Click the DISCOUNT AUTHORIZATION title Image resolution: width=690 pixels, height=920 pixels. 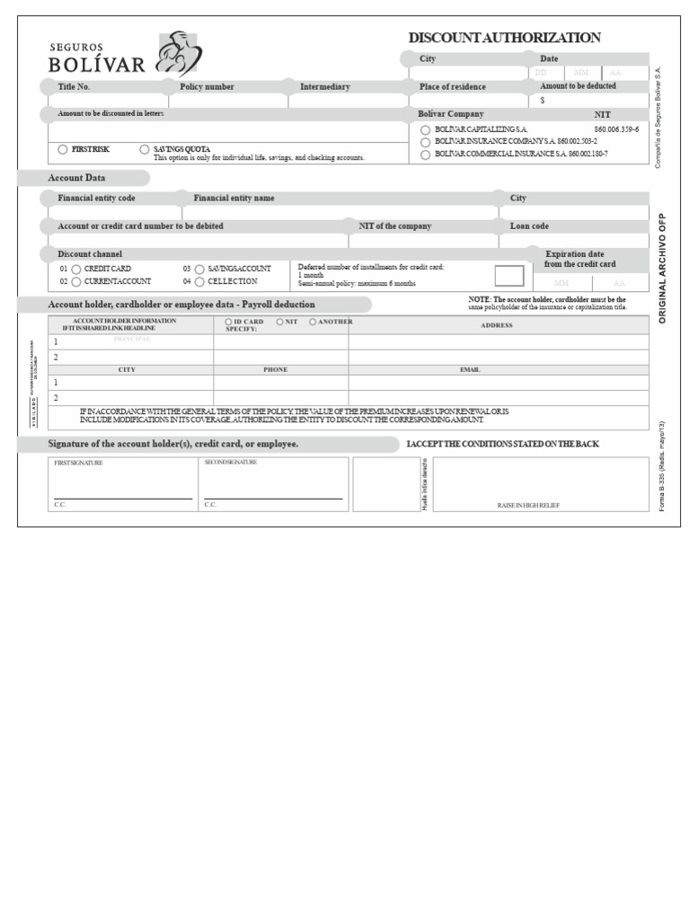click(504, 38)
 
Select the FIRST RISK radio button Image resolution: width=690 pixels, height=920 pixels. click(63, 149)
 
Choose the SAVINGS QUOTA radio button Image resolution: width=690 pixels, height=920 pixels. click(145, 149)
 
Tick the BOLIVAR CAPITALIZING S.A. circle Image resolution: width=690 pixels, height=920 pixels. click(425, 130)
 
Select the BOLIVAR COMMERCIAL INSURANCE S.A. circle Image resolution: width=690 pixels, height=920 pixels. click(425, 155)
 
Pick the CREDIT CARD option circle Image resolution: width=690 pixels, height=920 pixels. click(76, 269)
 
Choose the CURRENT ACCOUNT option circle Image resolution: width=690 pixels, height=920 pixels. click(76, 282)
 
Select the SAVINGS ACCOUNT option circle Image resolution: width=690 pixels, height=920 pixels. click(199, 269)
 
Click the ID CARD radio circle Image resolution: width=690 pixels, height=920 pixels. click(228, 321)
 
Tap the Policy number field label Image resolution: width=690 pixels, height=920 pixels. click(207, 87)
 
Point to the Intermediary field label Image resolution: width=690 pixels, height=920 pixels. click(325, 87)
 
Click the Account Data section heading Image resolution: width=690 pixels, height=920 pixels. click(76, 178)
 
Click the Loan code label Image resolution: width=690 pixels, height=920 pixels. click(529, 226)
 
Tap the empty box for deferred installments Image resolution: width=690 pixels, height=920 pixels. click(509, 276)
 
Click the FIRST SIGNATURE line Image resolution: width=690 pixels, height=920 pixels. click(122, 498)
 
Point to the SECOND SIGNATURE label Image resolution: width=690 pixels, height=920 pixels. click(231, 463)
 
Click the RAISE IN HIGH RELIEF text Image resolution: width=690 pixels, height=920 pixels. click(528, 506)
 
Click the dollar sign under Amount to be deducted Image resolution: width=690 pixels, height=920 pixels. click(543, 101)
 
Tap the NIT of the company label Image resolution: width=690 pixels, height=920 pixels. click(395, 226)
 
